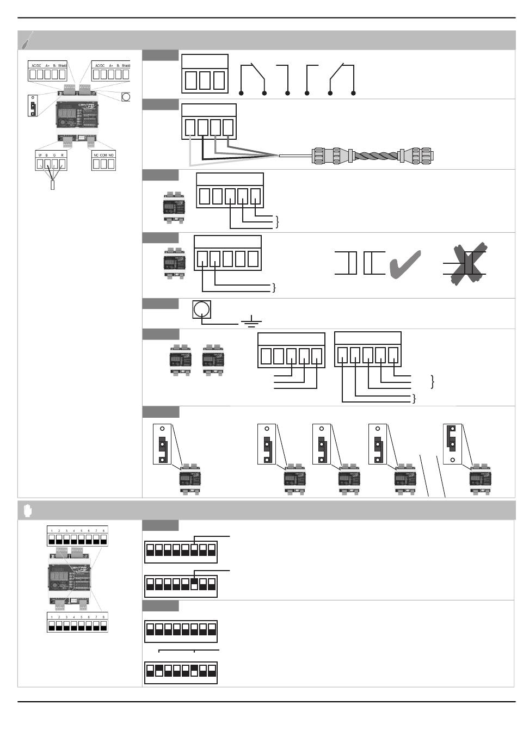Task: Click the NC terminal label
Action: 96,155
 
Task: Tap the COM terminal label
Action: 103,155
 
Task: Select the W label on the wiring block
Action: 40,155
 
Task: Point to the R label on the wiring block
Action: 63,155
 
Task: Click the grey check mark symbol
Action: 405,263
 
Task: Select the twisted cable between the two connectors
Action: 376,156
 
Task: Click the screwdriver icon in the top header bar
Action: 27,40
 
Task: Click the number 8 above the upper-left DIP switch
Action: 103,530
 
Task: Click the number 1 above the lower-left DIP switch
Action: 51,617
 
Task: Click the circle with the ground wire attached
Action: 201,310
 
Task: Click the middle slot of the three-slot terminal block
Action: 205,81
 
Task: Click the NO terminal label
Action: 111,155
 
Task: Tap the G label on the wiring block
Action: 54,155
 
